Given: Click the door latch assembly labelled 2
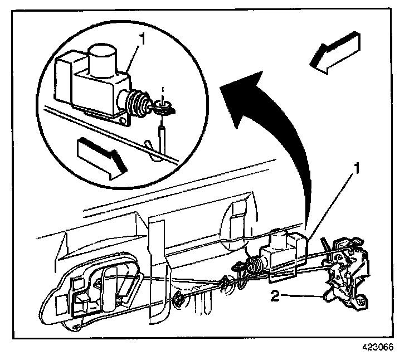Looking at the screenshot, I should pyautogui.click(x=346, y=273).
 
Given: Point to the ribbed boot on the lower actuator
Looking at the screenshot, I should pyautogui.click(x=254, y=265).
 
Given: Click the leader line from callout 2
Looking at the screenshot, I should pyautogui.click(x=304, y=296).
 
